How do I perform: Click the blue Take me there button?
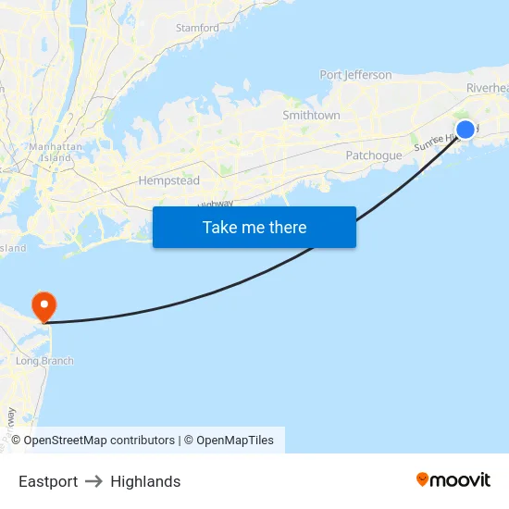point(254,227)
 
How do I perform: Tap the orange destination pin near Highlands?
point(43,305)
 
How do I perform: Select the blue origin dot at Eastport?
point(466,130)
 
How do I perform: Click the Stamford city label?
point(198,28)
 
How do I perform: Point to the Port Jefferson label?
point(356,75)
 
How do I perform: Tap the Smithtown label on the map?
point(311,116)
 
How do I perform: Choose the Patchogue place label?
point(374,155)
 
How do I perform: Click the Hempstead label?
point(168,180)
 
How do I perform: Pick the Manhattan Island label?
point(56,152)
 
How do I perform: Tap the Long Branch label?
point(44,361)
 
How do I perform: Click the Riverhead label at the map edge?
point(487,88)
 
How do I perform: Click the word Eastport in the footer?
point(48,481)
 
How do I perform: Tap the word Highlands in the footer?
point(145,481)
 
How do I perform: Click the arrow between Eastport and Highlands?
point(94,481)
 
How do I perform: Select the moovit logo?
point(453,479)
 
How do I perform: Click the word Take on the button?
point(219,227)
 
